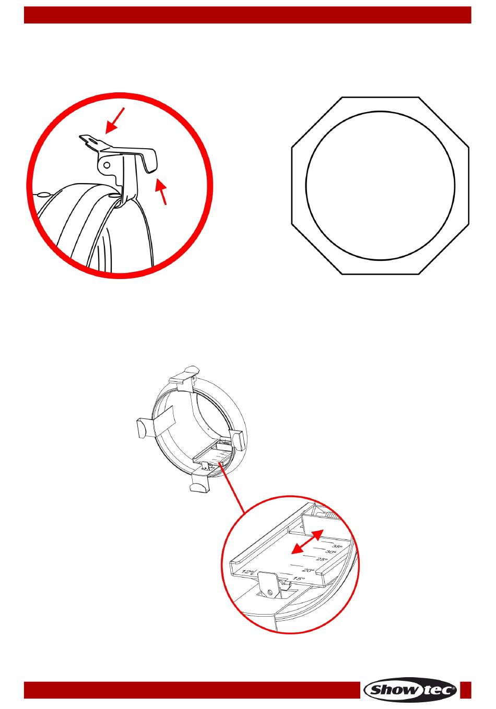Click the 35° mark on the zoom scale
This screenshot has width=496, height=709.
[x=337, y=547]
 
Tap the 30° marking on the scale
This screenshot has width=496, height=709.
[x=330, y=552]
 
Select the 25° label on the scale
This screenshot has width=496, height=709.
[x=322, y=560]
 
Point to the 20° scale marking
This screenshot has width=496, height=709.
[x=309, y=570]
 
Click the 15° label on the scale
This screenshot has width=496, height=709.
[x=299, y=579]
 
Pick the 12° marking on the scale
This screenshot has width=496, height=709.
[x=249, y=572]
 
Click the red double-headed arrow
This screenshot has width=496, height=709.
[x=307, y=542]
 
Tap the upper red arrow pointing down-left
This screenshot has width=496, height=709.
[x=115, y=121]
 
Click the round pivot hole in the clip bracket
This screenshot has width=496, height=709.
[x=107, y=165]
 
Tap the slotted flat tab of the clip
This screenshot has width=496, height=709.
[x=90, y=140]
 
